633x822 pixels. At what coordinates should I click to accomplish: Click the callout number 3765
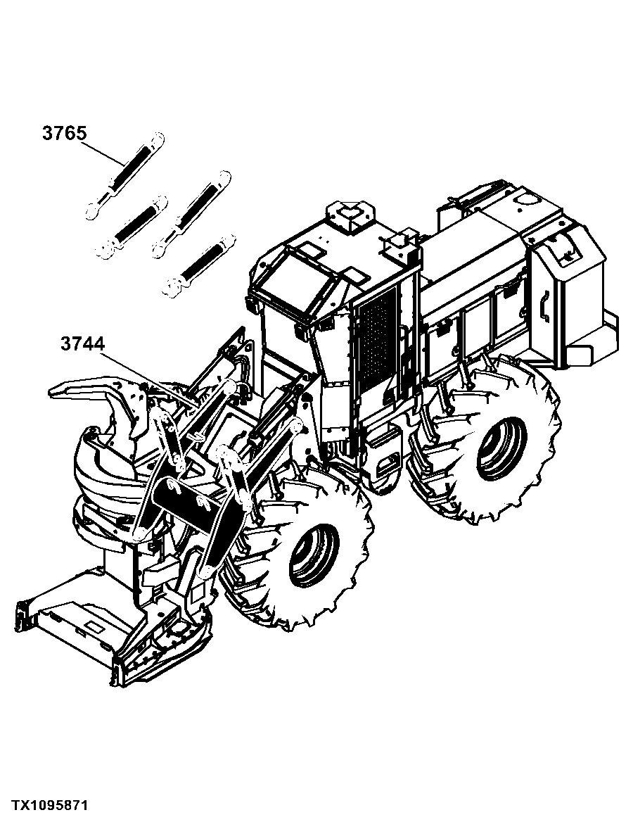pos(64,134)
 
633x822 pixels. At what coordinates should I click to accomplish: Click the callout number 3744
pos(82,344)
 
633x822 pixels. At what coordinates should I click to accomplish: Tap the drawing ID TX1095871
pos(50,804)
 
